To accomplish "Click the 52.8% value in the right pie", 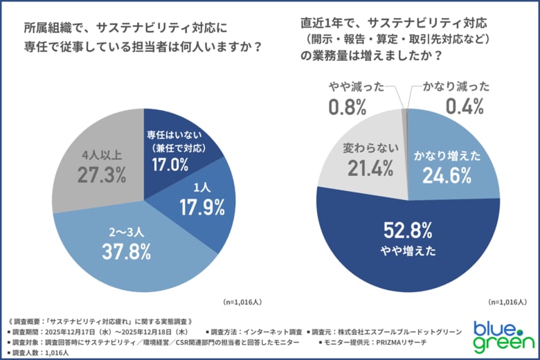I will (x=407, y=230).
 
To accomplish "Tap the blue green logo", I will (x=503, y=334).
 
